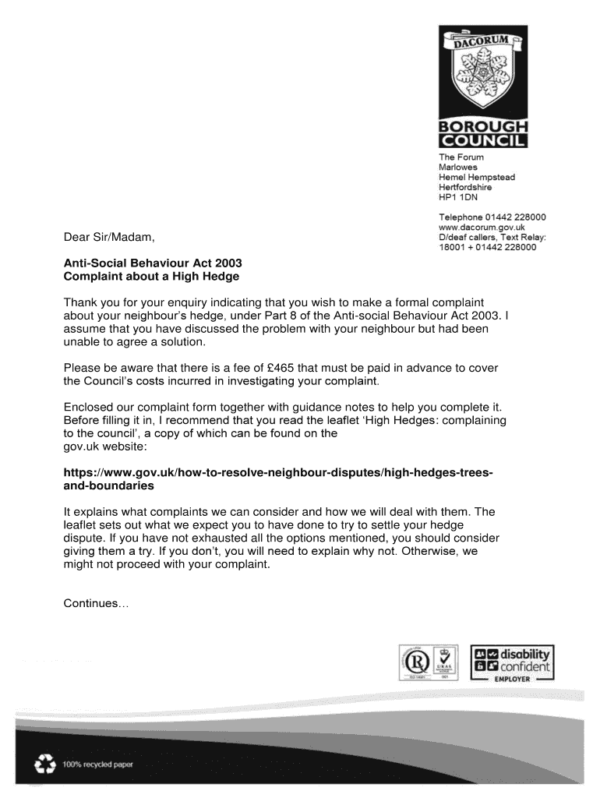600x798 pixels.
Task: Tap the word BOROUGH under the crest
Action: coord(483,128)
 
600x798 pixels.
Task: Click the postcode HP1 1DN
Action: coord(458,197)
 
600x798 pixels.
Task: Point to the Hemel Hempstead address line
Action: coord(476,177)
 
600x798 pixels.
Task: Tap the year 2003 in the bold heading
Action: coord(216,263)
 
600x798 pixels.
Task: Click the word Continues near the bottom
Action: coord(90,604)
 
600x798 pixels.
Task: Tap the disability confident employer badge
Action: coord(513,663)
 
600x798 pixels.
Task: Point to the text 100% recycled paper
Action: coord(97,764)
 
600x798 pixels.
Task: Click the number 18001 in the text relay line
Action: coord(452,247)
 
